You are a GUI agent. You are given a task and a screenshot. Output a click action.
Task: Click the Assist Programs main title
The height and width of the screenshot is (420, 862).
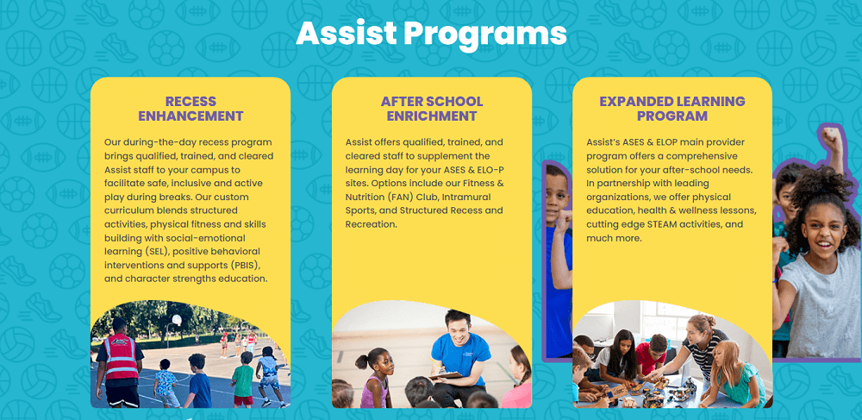click(x=431, y=33)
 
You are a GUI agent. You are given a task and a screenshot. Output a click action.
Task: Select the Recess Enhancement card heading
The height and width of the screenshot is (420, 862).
click(x=191, y=109)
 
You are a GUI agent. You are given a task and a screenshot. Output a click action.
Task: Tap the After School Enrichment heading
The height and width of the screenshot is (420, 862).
click(x=432, y=109)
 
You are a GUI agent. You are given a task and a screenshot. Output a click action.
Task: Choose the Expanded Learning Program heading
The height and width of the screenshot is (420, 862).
click(x=672, y=109)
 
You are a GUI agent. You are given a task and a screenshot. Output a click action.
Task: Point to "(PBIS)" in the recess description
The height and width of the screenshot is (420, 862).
click(x=247, y=265)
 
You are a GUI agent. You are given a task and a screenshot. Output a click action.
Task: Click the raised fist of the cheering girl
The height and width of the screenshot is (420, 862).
click(x=829, y=136)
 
